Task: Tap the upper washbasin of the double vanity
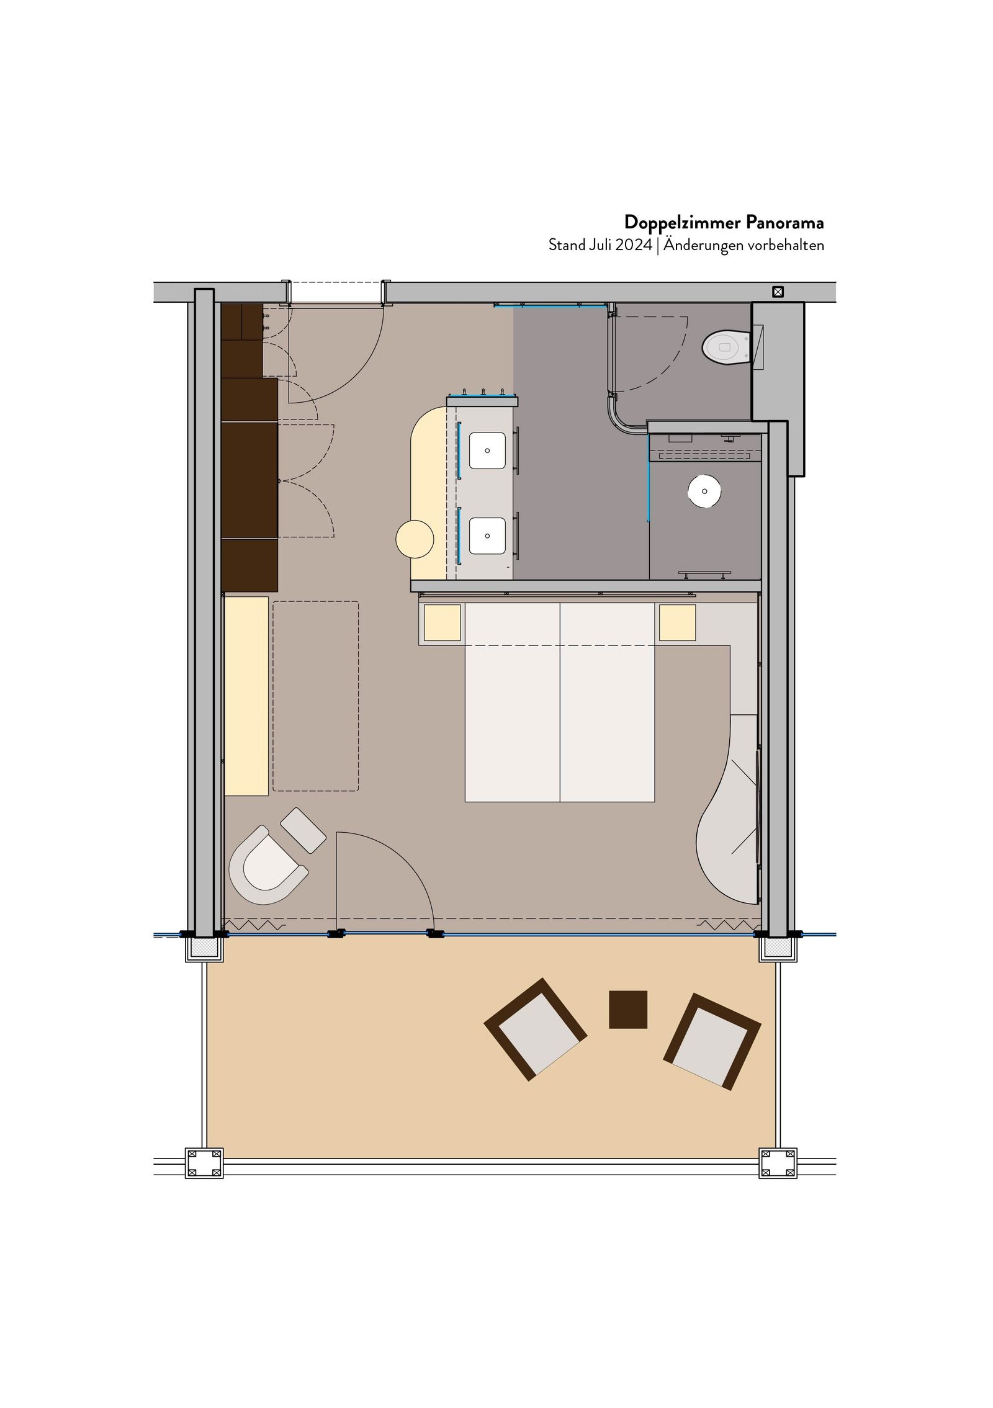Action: (x=487, y=451)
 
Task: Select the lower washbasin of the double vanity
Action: (x=487, y=536)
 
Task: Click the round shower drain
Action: (x=704, y=491)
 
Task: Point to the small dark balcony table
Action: (x=628, y=1010)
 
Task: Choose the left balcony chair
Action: (x=535, y=1030)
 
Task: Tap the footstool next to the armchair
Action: (x=303, y=830)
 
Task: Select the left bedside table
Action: (x=443, y=622)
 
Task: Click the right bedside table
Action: (x=677, y=622)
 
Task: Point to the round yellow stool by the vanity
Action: (x=415, y=539)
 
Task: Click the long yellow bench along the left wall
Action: (x=246, y=696)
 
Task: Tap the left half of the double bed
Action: (x=513, y=702)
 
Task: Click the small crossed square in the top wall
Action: (x=778, y=292)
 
